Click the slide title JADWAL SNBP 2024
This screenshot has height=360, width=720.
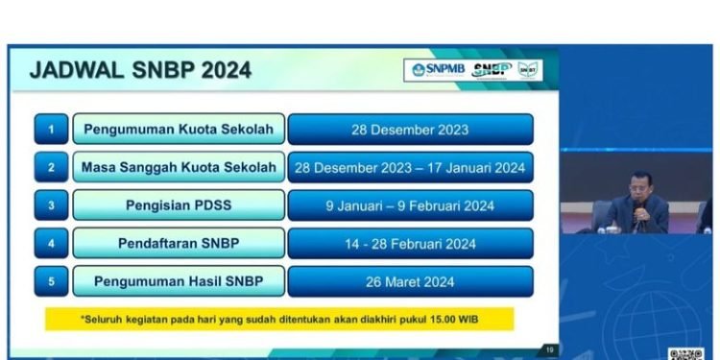[x=140, y=70]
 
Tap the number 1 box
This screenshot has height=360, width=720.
[x=51, y=129]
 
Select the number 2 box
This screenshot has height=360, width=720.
[x=51, y=167]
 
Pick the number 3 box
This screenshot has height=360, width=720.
[x=51, y=205]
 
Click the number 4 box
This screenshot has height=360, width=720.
[x=51, y=244]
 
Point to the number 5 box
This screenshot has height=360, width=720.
[x=51, y=282]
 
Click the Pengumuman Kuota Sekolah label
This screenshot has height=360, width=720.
[x=179, y=129]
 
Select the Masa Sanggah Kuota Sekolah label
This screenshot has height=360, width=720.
[x=179, y=167]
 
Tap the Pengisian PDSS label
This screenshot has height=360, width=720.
[x=179, y=205]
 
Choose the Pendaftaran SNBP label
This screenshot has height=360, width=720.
[x=179, y=244]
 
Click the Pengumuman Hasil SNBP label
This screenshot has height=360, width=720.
[x=179, y=282]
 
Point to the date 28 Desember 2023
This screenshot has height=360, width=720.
[x=410, y=129]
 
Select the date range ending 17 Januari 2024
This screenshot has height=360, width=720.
[x=410, y=167]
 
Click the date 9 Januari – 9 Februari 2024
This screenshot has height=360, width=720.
[x=410, y=205]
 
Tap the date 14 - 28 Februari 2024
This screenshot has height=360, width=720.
[x=410, y=244]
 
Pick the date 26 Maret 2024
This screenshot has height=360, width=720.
[x=410, y=282]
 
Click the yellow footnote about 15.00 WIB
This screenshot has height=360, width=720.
[x=278, y=318]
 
